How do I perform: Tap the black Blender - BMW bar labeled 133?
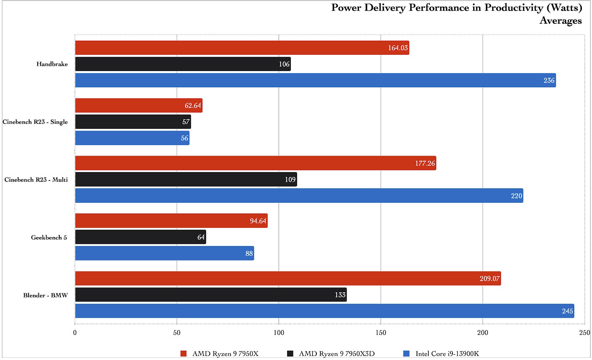pos(211,295)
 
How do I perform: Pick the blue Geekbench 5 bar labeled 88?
pos(165,253)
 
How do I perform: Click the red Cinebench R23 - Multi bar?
pos(255,163)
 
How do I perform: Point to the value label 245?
pos(567,311)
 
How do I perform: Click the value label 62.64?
pos(193,105)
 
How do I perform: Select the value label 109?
pos(290,179)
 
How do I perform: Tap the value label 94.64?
pos(258,221)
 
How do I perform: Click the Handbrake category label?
pos(52,64)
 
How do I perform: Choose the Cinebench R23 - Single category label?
pos(35,122)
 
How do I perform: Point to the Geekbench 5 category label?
pos(49,238)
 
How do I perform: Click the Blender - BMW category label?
pos(46,295)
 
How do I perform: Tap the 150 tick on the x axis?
pos(381,333)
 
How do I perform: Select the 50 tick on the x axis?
pos(177,333)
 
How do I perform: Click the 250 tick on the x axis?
pos(584,333)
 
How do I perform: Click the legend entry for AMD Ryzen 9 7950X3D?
pos(336,354)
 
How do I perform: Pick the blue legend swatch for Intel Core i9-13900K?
pos(406,354)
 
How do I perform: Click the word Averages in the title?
pos(561,20)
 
